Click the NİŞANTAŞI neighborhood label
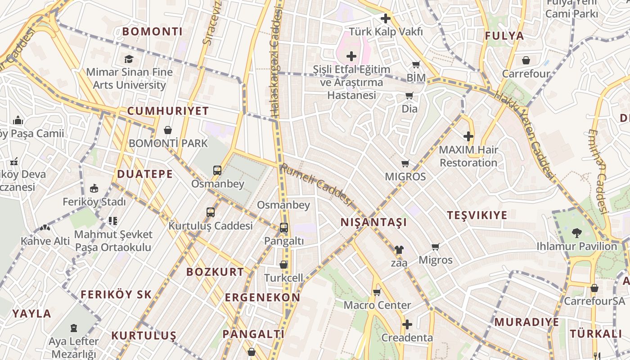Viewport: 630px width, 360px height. [x=373, y=222]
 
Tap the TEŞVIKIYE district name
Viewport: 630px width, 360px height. [x=477, y=215]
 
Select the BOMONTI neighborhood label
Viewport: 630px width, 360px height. [x=153, y=31]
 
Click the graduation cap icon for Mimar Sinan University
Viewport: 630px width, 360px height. [x=129, y=59]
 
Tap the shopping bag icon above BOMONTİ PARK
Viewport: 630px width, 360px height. [x=168, y=130]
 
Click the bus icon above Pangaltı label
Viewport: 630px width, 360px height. [x=283, y=228]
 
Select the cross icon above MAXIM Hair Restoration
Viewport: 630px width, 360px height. [x=468, y=136]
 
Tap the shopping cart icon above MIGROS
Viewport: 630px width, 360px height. [x=405, y=163]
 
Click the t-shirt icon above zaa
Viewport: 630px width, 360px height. [x=399, y=250]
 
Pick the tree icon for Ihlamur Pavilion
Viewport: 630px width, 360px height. [x=576, y=233]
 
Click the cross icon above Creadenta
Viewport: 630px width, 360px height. [x=407, y=324]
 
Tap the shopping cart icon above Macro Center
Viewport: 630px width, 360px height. [x=377, y=292]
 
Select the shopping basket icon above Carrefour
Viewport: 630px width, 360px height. [x=526, y=60]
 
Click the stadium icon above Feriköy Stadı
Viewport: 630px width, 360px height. [x=94, y=188]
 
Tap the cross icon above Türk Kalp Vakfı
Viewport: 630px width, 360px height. [x=386, y=18]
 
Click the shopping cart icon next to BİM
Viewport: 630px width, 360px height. [x=416, y=65]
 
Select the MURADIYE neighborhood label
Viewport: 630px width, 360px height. [x=526, y=322]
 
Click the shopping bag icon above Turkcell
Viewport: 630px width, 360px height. [x=283, y=265]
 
